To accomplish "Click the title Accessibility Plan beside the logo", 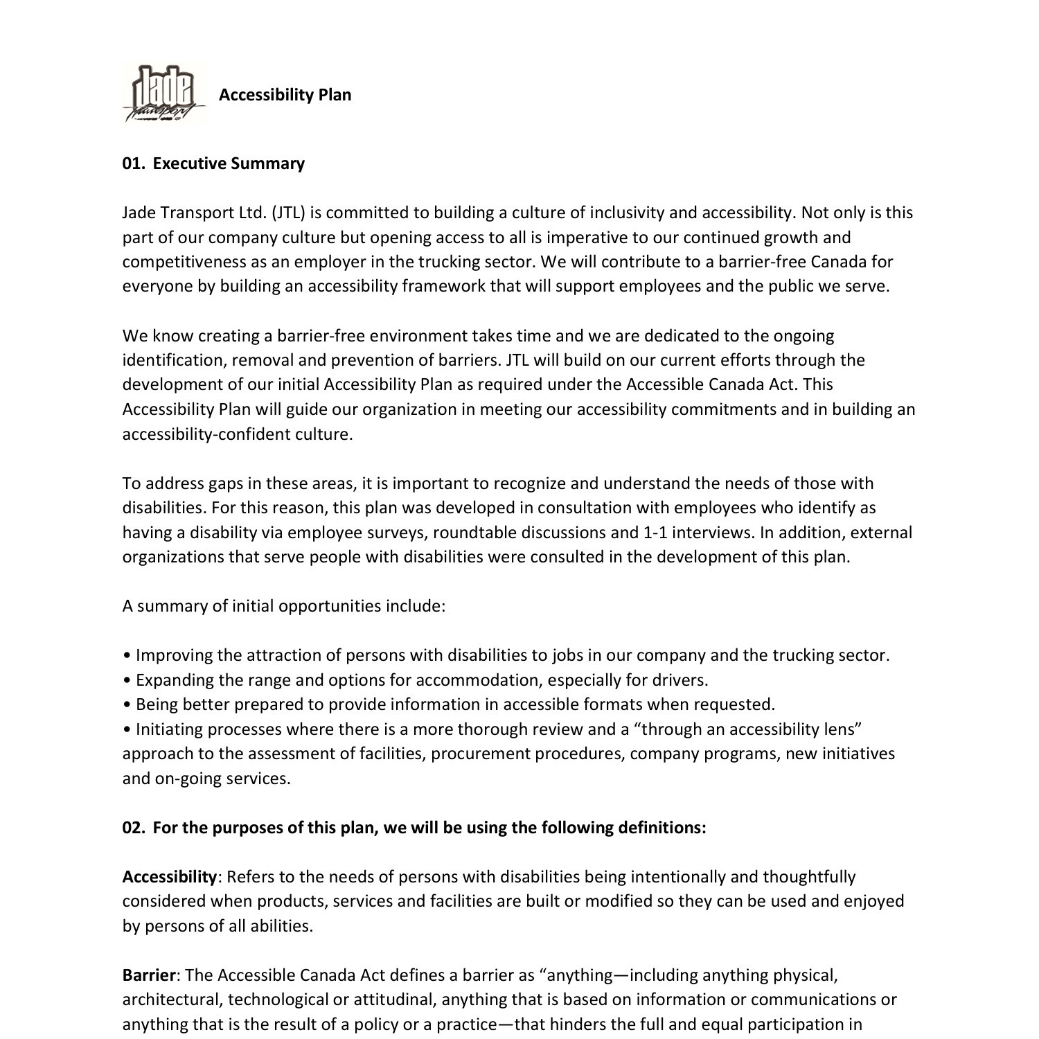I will point(285,95).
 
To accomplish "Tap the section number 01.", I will point(132,163).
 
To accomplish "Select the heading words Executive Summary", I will point(229,163).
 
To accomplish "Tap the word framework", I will point(444,286).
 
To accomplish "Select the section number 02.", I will point(132,828).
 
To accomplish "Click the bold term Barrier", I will point(149,975).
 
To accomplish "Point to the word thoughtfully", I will point(809,877).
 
